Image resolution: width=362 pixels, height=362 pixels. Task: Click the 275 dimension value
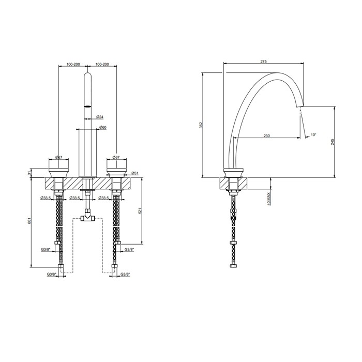pyautogui.click(x=263, y=62)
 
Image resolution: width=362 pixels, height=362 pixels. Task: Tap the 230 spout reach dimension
pyautogui.click(x=266, y=136)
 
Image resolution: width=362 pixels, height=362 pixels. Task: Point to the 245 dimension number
pyautogui.click(x=333, y=141)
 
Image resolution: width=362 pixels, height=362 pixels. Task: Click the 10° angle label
pyautogui.click(x=313, y=135)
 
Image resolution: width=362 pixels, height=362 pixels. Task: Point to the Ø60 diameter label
pyautogui.click(x=103, y=127)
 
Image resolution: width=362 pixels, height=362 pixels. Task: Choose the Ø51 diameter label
pyautogui.click(x=133, y=173)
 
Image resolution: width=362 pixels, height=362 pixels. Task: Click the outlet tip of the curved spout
pyautogui.click(x=298, y=107)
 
